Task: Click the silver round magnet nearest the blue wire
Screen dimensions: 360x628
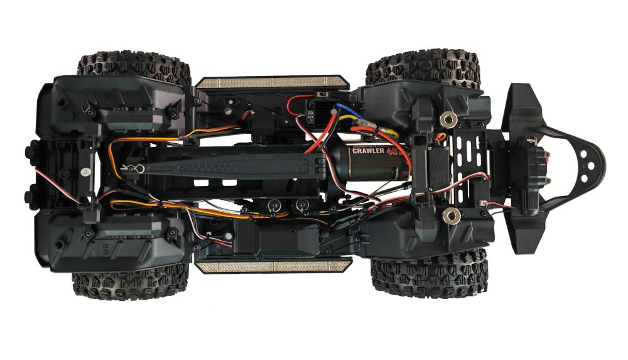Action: pyautogui.click(x=447, y=117)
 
